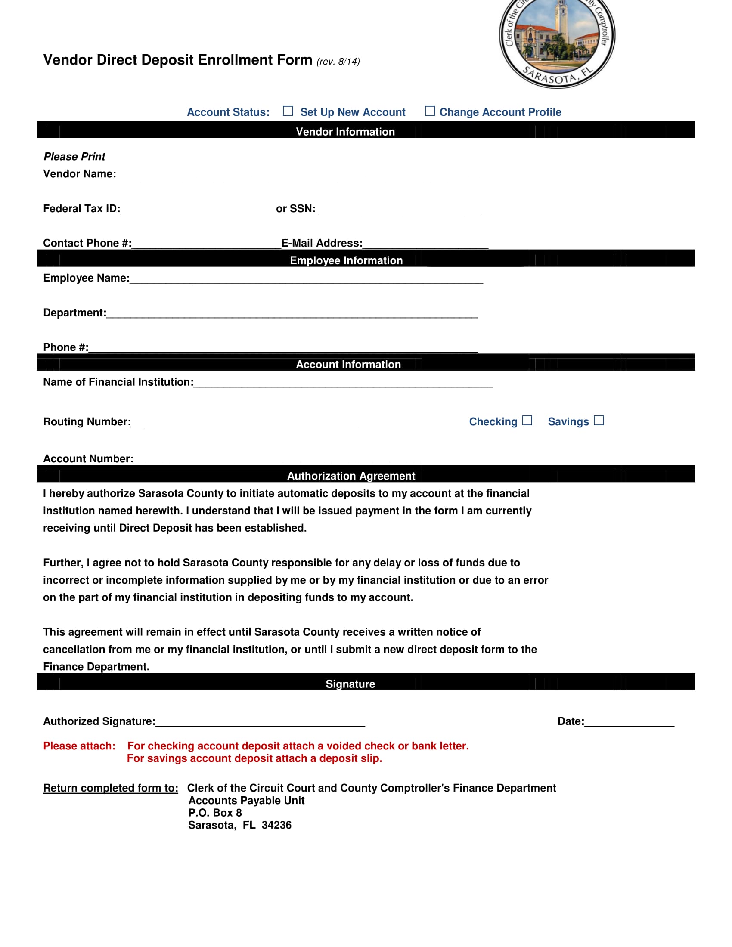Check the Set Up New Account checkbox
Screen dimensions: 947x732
tap(288, 111)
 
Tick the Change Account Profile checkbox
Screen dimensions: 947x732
tap(429, 111)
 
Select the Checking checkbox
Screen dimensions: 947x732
tap(527, 420)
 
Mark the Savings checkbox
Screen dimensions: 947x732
tap(599, 420)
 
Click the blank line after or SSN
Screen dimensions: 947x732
tap(399, 210)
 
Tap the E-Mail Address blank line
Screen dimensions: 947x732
tap(425, 244)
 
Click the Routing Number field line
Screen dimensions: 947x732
tap(280, 423)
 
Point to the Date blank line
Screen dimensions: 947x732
tap(629, 722)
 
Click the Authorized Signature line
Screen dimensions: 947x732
tap(260, 722)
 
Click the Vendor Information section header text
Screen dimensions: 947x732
tap(345, 132)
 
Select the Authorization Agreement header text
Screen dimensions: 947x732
tap(351, 476)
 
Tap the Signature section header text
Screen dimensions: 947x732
tap(350, 684)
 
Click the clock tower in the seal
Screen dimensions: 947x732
tap(561, 17)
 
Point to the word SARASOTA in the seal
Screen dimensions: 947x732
tap(549, 77)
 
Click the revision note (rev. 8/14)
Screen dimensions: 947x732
tap(338, 62)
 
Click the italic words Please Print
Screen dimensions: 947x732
tap(74, 157)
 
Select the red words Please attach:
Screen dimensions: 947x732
tap(79, 746)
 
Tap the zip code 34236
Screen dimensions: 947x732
tap(276, 825)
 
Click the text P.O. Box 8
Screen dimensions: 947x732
tap(215, 813)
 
